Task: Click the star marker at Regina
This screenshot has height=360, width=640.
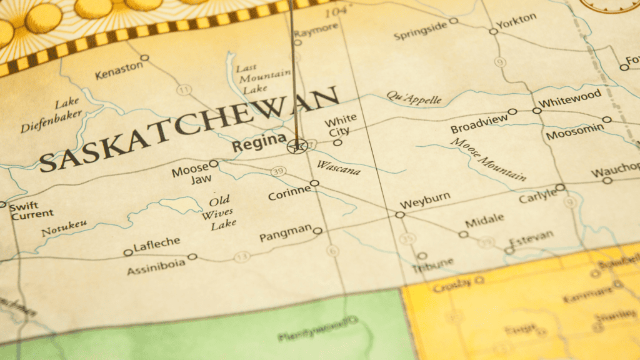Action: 297,147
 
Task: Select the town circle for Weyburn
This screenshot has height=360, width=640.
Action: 400,214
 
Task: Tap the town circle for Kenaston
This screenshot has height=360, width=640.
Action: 144,57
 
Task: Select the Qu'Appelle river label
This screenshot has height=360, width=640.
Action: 414,97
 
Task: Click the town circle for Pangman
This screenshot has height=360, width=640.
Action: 317,231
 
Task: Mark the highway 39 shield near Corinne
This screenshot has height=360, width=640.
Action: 278,171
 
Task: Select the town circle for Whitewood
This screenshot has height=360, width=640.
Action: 537,111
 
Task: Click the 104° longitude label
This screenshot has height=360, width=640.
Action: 335,12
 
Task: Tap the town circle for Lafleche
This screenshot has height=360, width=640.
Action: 128,252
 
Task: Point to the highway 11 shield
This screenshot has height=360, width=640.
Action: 184,90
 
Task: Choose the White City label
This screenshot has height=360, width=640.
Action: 341,124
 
